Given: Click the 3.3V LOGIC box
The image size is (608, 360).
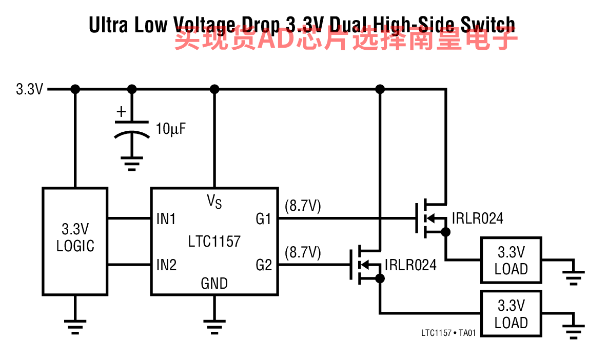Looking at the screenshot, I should (75, 241).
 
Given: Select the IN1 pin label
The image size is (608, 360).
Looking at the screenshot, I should (166, 219).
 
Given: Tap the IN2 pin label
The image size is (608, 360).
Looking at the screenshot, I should (166, 265).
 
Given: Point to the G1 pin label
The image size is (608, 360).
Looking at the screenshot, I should (263, 219).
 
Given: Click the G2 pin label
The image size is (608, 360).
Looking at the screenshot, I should (263, 265).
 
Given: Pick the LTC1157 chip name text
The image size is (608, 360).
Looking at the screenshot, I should (214, 241).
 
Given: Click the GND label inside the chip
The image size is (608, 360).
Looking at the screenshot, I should (214, 283).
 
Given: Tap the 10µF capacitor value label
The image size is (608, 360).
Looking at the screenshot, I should (170, 129).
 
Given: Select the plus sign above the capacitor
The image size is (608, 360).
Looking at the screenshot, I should (121, 111).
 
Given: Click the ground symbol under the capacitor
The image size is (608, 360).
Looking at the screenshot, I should (132, 165).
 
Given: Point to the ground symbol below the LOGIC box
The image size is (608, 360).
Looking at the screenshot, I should (75, 326).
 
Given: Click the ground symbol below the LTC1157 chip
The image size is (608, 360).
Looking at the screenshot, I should (214, 326).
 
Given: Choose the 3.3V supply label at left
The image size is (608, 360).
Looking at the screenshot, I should (29, 90).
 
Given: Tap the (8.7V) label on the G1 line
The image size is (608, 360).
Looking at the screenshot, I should (302, 207).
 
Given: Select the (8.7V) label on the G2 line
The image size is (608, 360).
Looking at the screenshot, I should (302, 252).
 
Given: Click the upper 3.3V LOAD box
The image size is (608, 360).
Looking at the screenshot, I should (511, 260).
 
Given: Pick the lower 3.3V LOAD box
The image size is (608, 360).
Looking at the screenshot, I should (511, 314).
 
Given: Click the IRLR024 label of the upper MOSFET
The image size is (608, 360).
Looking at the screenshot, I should (477, 219).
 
